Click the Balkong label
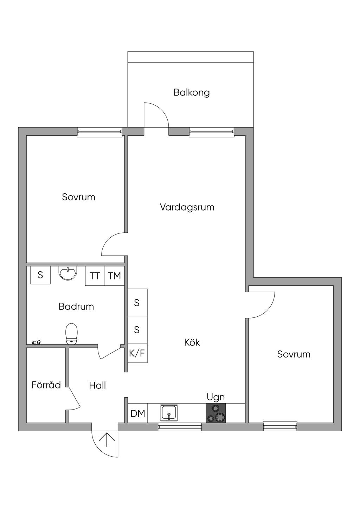coord(192,92)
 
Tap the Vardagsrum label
coord(187,207)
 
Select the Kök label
coord(192,342)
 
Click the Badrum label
coord(76,307)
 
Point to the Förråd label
coord(46,385)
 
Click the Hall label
coord(97,386)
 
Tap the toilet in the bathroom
coord(71,333)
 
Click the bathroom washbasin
coord(67,273)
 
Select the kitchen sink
coord(169,413)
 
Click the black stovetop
coord(216,413)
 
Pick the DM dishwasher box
coord(137,413)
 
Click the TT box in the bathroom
coord(95,276)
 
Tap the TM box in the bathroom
coord(115,276)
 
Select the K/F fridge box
coord(137,353)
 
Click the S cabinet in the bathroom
coord(40,275)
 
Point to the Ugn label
coord(216,397)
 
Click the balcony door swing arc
coord(160,111)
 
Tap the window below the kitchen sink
coord(180,427)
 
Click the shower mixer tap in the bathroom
coord(37,342)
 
